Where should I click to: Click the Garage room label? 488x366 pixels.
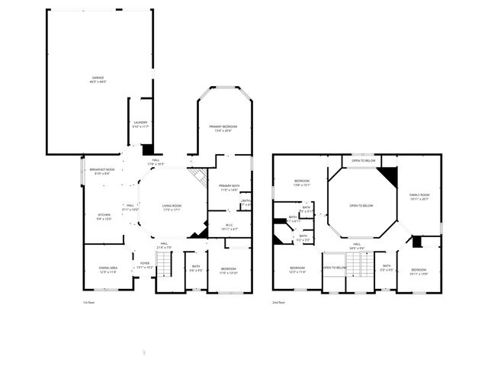[98, 79]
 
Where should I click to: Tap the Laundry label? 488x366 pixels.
[140, 124]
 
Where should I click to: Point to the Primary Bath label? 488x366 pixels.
[229, 188]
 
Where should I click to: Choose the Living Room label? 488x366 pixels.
[172, 207]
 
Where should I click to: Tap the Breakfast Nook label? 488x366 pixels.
[101, 172]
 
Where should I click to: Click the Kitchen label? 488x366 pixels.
[103, 217]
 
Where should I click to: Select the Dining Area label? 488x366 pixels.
[108, 270]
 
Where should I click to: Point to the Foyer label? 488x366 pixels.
[144, 266]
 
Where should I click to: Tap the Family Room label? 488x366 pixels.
[419, 197]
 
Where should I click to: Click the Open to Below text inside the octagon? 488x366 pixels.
[361, 206]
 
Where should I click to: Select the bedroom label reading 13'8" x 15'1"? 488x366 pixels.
[302, 183]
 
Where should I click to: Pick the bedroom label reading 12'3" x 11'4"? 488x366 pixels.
[297, 269]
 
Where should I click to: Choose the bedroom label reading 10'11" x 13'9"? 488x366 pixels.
[419, 271]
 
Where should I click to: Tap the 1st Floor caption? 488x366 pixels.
[88, 303]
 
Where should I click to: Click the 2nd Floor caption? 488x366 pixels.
[278, 303]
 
